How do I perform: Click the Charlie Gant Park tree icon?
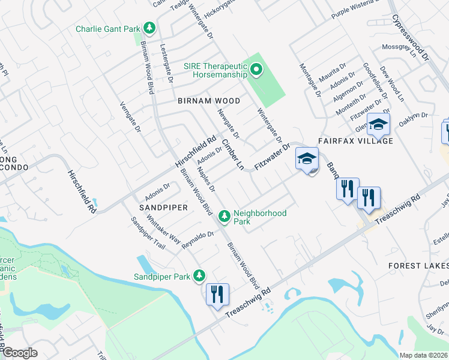coord(149,28)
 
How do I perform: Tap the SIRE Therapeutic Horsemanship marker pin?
coord(256,70)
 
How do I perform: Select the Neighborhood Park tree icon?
coord(224,215)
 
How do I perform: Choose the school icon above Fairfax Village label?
coord(379,125)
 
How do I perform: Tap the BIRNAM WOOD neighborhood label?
coord(209,101)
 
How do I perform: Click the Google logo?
coord(19,353)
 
